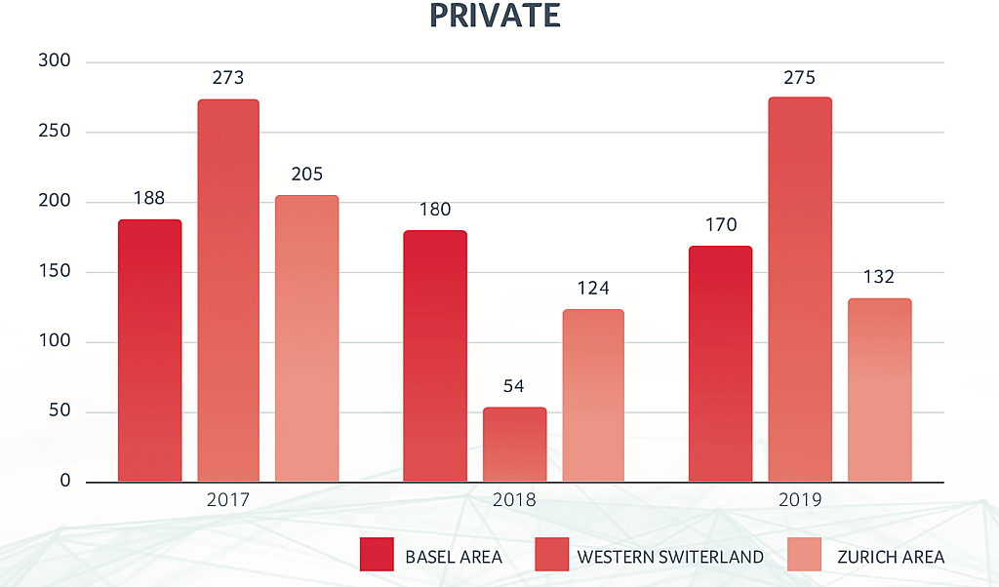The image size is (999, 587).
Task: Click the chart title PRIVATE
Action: pos(496,16)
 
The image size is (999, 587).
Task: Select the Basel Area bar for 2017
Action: pos(149,350)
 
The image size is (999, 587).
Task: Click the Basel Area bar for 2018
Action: pos(435,356)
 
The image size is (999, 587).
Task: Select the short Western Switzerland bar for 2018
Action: pos(514,445)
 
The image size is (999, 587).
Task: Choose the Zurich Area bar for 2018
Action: pos(593,395)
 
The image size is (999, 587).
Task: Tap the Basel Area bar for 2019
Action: pos(720,364)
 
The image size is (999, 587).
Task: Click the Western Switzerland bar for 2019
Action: pos(800,290)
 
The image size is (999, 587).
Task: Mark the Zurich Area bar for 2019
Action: pos(879,390)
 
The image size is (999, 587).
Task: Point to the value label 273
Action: pos(227,78)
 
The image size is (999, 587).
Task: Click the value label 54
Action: pos(514,386)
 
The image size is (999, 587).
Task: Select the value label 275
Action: pos(799,77)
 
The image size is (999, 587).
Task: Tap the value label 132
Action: pos(878,277)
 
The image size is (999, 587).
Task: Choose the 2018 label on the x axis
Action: pos(514,500)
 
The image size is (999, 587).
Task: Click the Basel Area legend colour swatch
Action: pos(377,554)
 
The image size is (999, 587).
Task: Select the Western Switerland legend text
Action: pos(670,557)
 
